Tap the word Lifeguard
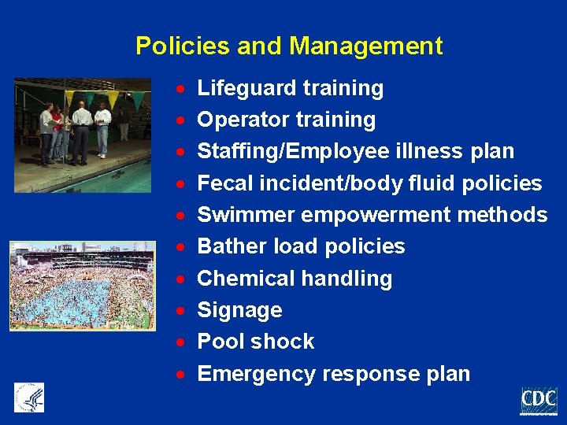click(245, 88)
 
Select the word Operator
click(243, 120)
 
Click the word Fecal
click(223, 183)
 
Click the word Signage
click(239, 310)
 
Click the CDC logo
click(539, 401)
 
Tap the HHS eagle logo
click(29, 397)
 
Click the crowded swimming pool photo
click(82, 285)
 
